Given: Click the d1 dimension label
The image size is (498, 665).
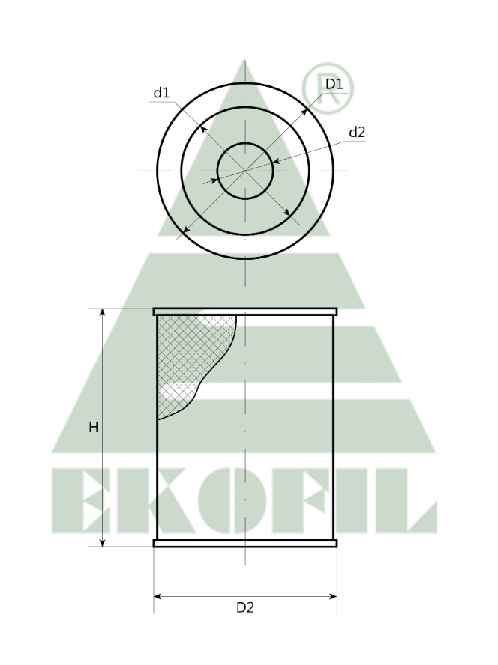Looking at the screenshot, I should (x=161, y=93).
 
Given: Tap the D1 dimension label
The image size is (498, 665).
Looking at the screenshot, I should (x=334, y=84).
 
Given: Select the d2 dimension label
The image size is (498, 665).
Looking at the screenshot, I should (x=357, y=133).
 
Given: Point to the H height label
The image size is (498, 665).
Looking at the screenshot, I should (x=93, y=428).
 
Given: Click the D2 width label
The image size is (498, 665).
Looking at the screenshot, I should (x=245, y=607).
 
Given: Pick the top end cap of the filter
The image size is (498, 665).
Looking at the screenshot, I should (x=245, y=312).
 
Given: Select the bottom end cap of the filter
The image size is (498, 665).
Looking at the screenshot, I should (x=245, y=543).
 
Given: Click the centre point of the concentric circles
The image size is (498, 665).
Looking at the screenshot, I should (x=245, y=171).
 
